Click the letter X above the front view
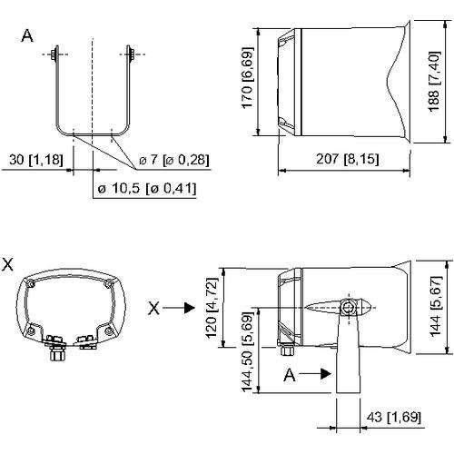9,262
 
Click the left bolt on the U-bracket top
57,54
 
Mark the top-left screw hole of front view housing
33,284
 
